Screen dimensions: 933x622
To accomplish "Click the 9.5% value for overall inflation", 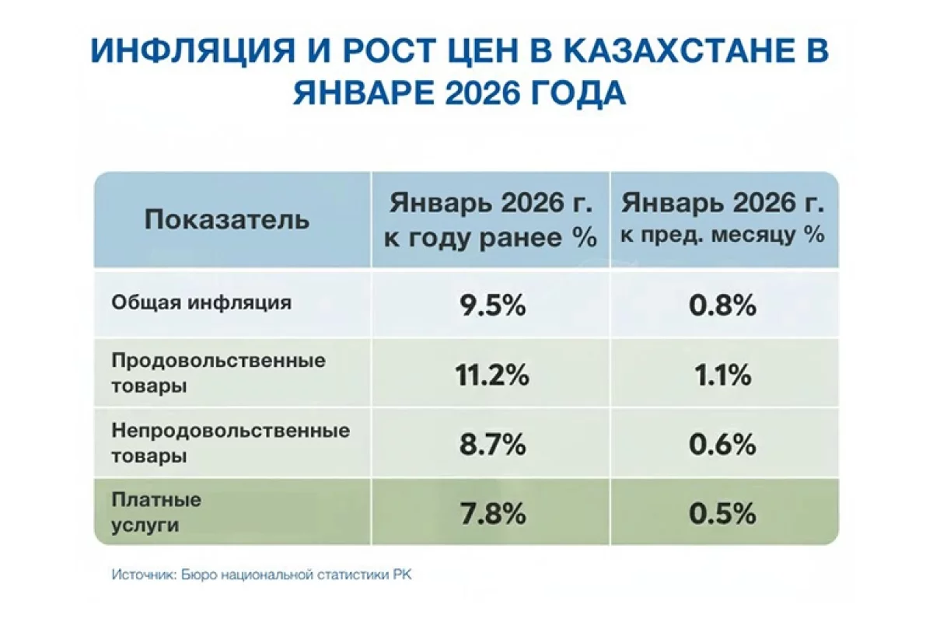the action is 492,306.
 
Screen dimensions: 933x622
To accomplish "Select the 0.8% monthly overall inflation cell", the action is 722,306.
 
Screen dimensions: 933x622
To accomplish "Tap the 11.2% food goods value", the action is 492,375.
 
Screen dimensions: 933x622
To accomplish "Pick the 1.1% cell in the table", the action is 723,375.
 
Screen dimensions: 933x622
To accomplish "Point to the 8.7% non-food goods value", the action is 493,444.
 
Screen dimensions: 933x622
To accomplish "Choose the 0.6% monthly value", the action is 722,444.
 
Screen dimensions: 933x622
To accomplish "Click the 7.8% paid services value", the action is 493,514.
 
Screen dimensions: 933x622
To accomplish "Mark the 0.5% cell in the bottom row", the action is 722,514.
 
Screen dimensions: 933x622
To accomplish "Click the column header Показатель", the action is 227,219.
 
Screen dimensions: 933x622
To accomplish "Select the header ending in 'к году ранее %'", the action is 491,221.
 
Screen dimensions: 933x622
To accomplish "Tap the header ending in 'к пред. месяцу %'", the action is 722,218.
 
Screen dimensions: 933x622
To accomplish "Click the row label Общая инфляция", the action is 201,302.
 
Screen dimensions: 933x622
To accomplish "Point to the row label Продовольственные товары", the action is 218,373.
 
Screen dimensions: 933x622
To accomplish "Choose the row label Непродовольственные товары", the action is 230,443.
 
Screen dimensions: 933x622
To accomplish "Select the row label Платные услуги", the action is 156,512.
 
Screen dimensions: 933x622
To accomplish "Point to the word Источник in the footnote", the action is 144,575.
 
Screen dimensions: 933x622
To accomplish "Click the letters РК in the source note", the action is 402,575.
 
